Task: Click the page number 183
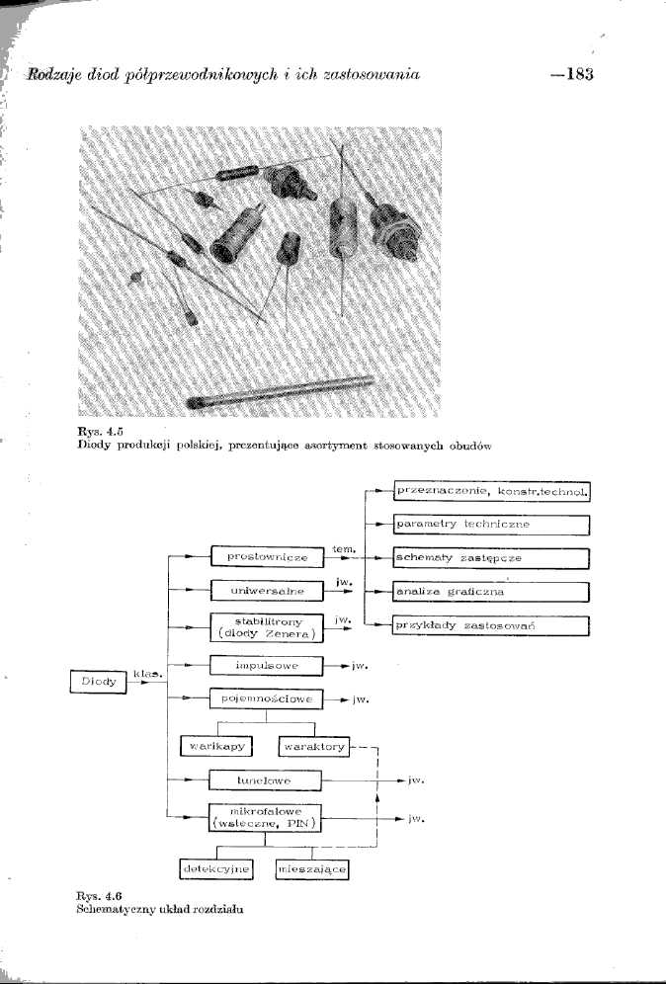[574, 75]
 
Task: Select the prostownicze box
[268, 557]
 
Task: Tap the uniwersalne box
[268, 591]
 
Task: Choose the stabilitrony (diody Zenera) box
[268, 627]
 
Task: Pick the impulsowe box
[268, 666]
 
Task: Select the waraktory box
[314, 746]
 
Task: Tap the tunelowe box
[268, 780]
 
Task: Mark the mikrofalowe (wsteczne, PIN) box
[268, 819]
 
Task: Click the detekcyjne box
[214, 868]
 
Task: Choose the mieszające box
[313, 868]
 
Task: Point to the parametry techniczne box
[490, 524]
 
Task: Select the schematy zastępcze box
[490, 558]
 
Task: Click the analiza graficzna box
[490, 592]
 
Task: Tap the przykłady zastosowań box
[490, 625]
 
